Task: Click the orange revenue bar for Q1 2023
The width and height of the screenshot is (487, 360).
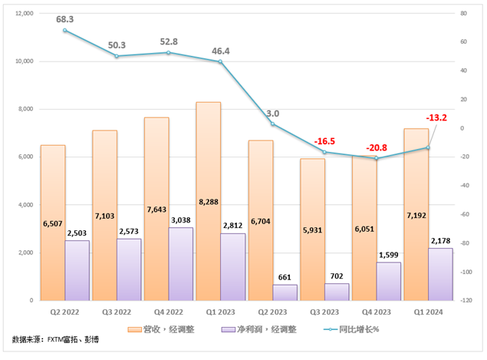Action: coord(208,200)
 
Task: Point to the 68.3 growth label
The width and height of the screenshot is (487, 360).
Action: coord(64,18)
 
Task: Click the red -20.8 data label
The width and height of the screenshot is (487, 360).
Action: coord(376,147)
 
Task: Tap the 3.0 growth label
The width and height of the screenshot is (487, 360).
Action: coord(272,113)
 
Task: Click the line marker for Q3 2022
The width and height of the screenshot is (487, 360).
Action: coord(117,56)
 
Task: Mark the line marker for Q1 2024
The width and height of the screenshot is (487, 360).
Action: coord(428,147)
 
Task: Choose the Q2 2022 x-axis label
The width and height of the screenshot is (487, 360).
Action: coord(64,312)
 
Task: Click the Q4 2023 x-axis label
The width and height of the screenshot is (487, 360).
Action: coord(376,312)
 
